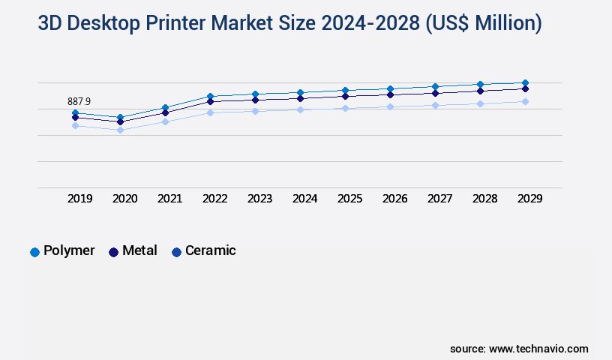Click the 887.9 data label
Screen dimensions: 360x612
click(79, 101)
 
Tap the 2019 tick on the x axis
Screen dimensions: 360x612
click(79, 199)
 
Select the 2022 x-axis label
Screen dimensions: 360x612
click(214, 199)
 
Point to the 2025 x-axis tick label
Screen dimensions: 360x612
click(349, 199)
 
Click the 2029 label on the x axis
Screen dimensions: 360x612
click(529, 199)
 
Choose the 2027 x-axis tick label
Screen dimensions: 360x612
click(439, 199)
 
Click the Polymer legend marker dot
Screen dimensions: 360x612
click(34, 252)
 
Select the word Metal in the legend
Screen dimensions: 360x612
click(139, 250)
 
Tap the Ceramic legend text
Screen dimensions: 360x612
click(211, 250)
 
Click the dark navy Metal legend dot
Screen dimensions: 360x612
click(113, 252)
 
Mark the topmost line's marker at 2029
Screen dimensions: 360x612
click(525, 82)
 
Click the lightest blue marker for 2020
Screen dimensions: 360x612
click(120, 130)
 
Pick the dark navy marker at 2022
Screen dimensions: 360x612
click(210, 101)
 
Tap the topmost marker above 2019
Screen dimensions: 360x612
click(75, 112)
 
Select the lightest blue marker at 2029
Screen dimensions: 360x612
click(525, 101)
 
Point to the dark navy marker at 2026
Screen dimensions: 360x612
click(390, 94)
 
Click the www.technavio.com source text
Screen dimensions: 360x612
click(538, 349)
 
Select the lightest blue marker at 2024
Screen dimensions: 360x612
click(300, 109)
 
